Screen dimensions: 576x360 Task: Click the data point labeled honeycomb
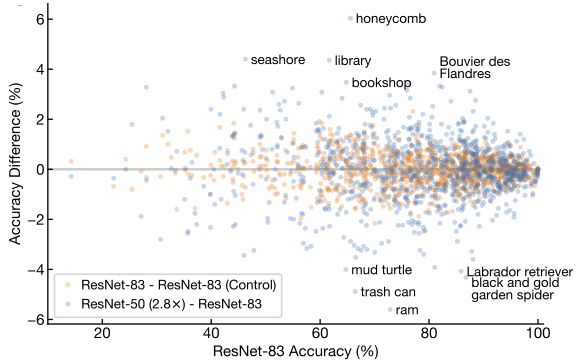click(x=350, y=18)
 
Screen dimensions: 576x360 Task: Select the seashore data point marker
click(x=245, y=60)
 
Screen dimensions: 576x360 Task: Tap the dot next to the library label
click(x=329, y=60)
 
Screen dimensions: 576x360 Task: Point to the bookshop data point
click(x=346, y=82)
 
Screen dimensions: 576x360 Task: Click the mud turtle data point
click(x=346, y=270)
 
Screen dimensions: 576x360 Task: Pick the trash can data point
click(x=355, y=292)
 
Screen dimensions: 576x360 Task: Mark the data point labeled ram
click(x=390, y=310)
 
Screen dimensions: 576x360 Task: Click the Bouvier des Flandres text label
click(x=475, y=68)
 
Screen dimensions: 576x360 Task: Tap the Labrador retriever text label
click(x=519, y=272)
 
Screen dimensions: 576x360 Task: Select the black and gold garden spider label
click(x=515, y=289)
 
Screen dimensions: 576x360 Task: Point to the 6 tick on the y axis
click(x=40, y=19)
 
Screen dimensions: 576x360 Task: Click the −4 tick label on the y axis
click(x=35, y=270)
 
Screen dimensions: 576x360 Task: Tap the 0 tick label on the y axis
click(x=40, y=169)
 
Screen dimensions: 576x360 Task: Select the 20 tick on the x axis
click(x=102, y=333)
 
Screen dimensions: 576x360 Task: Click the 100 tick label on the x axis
click(x=538, y=333)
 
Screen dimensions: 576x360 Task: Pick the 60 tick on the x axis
click(x=320, y=333)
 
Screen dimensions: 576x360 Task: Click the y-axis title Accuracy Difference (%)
click(x=15, y=164)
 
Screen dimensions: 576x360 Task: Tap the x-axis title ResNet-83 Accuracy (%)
click(x=295, y=352)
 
